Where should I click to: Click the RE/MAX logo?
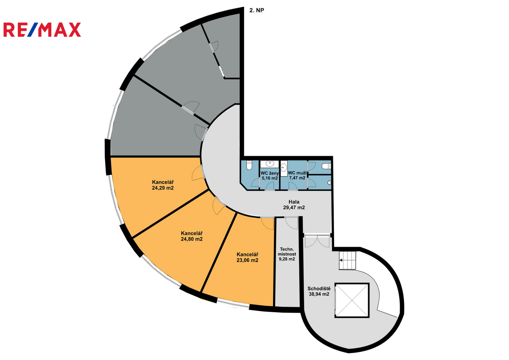point(42,30)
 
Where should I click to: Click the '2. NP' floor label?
point(257,10)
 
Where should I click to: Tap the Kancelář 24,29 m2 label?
point(163,185)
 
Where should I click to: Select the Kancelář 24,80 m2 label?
point(192,236)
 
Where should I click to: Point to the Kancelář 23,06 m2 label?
point(247,257)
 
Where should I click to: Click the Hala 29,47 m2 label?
point(294,205)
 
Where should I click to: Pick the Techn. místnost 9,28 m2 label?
point(287,254)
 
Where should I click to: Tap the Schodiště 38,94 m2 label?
point(319,291)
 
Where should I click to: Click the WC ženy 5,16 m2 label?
point(269,176)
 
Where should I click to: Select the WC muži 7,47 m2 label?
point(297,175)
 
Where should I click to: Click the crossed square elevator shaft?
point(352,300)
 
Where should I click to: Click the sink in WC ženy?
point(270,163)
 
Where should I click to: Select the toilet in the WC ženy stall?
point(249,165)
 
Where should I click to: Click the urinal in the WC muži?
point(329,183)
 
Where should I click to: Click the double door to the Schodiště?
point(317,241)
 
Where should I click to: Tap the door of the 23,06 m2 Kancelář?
point(267,224)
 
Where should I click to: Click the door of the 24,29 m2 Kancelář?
point(198,173)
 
